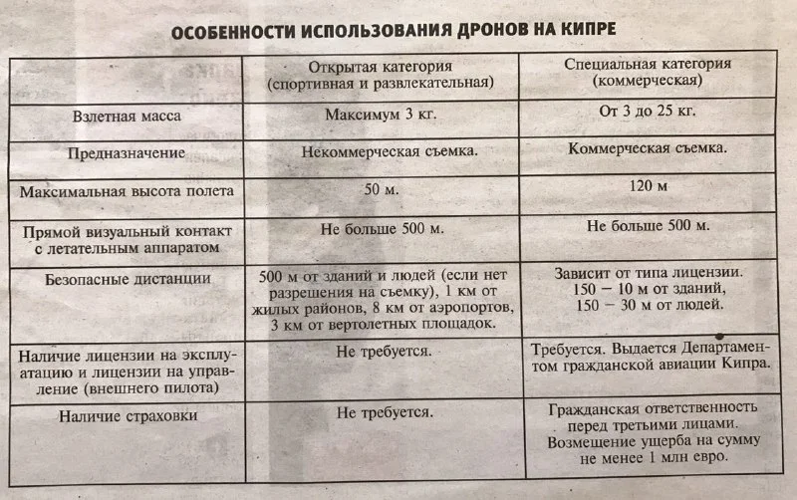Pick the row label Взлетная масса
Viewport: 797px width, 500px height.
[127, 116]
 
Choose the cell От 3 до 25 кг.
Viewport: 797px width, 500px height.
[646, 112]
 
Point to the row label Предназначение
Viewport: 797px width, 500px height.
[127, 154]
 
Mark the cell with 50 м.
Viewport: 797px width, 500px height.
[382, 189]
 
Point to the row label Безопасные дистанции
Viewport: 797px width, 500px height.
[127, 281]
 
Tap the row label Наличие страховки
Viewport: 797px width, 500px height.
[127, 416]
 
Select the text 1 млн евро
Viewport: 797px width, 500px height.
[687, 457]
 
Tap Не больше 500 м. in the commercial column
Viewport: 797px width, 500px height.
[648, 226]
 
